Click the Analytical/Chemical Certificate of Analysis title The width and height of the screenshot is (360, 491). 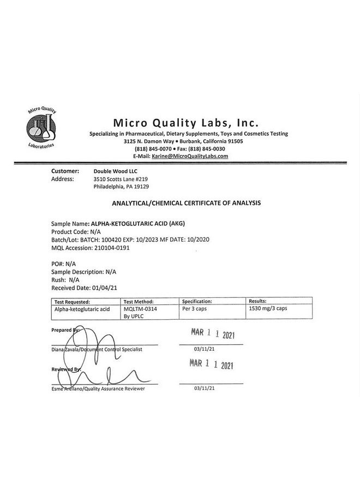tap(186, 202)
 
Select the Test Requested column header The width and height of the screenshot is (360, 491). tap(73, 301)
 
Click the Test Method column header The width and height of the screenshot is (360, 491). tap(139, 301)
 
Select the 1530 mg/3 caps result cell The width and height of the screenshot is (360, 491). tap(269, 309)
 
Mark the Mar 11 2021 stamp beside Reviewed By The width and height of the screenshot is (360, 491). tap(212, 365)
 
